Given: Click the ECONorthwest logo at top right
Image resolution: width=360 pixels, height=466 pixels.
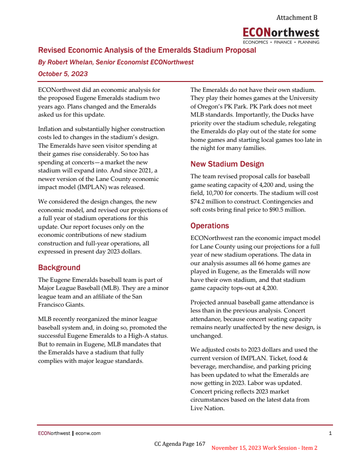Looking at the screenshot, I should [x=281, y=35].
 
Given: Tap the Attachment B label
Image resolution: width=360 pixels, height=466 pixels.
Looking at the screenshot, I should [x=297, y=18].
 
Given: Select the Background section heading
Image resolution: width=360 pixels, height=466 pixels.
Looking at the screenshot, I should [x=59, y=267].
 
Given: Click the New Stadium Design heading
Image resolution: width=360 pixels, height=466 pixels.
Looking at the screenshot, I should [x=227, y=164].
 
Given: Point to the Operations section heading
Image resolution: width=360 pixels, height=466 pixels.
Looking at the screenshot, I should [x=209, y=226].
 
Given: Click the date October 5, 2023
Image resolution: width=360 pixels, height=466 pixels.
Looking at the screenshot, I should [x=63, y=73].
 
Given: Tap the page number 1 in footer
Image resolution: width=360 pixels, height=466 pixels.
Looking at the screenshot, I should [x=330, y=434].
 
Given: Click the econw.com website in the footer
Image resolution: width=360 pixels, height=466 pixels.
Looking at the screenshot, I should [x=88, y=434].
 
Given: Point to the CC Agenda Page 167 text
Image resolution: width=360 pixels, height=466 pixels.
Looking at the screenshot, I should [x=180, y=444].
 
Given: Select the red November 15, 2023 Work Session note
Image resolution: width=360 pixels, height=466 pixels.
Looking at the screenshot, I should [x=264, y=448].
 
